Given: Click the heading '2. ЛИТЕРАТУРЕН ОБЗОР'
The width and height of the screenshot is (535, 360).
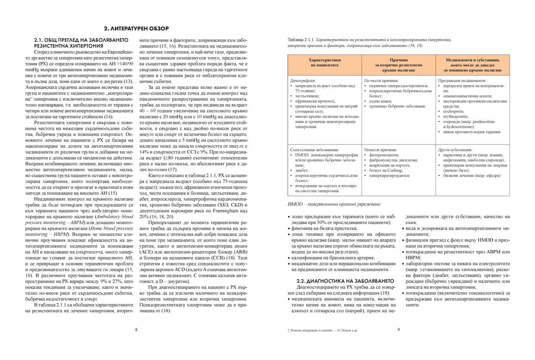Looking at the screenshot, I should tap(136, 29).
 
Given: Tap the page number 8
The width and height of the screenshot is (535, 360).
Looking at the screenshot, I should tap(136, 330).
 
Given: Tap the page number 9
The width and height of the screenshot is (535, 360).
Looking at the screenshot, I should tap(398, 330).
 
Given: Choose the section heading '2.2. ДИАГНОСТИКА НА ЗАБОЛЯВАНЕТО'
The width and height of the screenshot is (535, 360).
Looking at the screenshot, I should tap(345, 281).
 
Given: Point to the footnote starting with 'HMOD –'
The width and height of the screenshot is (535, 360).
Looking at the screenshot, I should tap(334, 204).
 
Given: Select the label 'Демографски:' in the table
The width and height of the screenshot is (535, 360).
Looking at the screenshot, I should tap(303, 80).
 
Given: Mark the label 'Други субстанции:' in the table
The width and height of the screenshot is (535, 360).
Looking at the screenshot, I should tap(455, 149).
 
